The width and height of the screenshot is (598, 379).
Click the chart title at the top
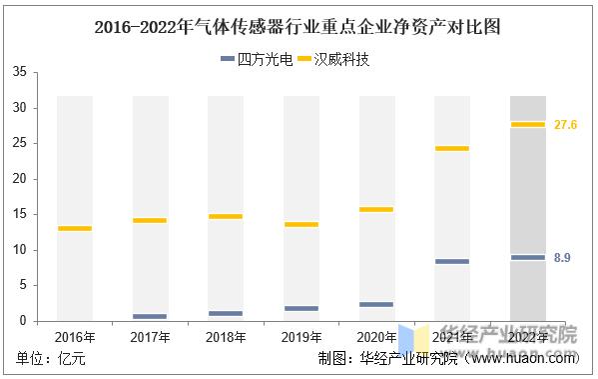point(299,27)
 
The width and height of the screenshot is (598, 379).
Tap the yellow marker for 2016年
point(75,228)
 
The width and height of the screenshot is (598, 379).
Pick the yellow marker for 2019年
point(300,224)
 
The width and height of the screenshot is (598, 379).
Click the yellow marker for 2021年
point(451,148)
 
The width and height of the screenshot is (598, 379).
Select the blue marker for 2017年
point(150,316)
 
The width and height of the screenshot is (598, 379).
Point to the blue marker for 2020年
point(376,304)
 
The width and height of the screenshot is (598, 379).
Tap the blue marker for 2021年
point(451,261)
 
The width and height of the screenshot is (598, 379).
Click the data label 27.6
point(566,124)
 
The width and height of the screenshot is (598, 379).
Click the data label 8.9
point(561,258)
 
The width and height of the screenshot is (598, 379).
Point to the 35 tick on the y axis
point(20,72)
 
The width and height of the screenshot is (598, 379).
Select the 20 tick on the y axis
point(20,179)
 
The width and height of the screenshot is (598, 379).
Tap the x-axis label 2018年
point(226,338)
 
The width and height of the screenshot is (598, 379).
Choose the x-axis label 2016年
point(75,338)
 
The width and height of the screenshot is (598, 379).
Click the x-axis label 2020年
point(376,338)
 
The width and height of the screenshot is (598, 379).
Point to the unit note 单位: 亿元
point(47,359)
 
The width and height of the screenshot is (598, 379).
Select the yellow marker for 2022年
point(527,124)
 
